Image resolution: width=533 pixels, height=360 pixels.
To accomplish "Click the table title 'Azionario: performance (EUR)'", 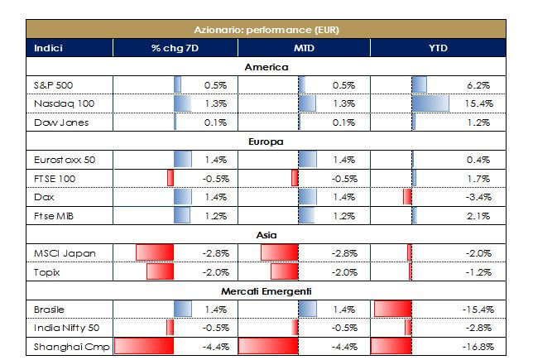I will tap(267, 30).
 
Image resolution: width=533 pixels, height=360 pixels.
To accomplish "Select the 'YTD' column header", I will tap(439, 48).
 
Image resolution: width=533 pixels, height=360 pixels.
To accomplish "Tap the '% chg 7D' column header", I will tap(175, 48).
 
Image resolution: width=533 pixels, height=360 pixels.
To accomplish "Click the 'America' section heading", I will tap(266, 66).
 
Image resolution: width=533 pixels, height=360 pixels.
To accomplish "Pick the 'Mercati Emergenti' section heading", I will tap(266, 292).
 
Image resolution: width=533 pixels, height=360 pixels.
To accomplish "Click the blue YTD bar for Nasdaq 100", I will tap(430, 103).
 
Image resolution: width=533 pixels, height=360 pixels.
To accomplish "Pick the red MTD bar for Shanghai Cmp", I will tap(266, 347).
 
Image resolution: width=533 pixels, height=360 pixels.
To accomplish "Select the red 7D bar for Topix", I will tap(156, 271).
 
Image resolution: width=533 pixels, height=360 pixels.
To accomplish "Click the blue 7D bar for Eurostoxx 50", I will tap(182, 159).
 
